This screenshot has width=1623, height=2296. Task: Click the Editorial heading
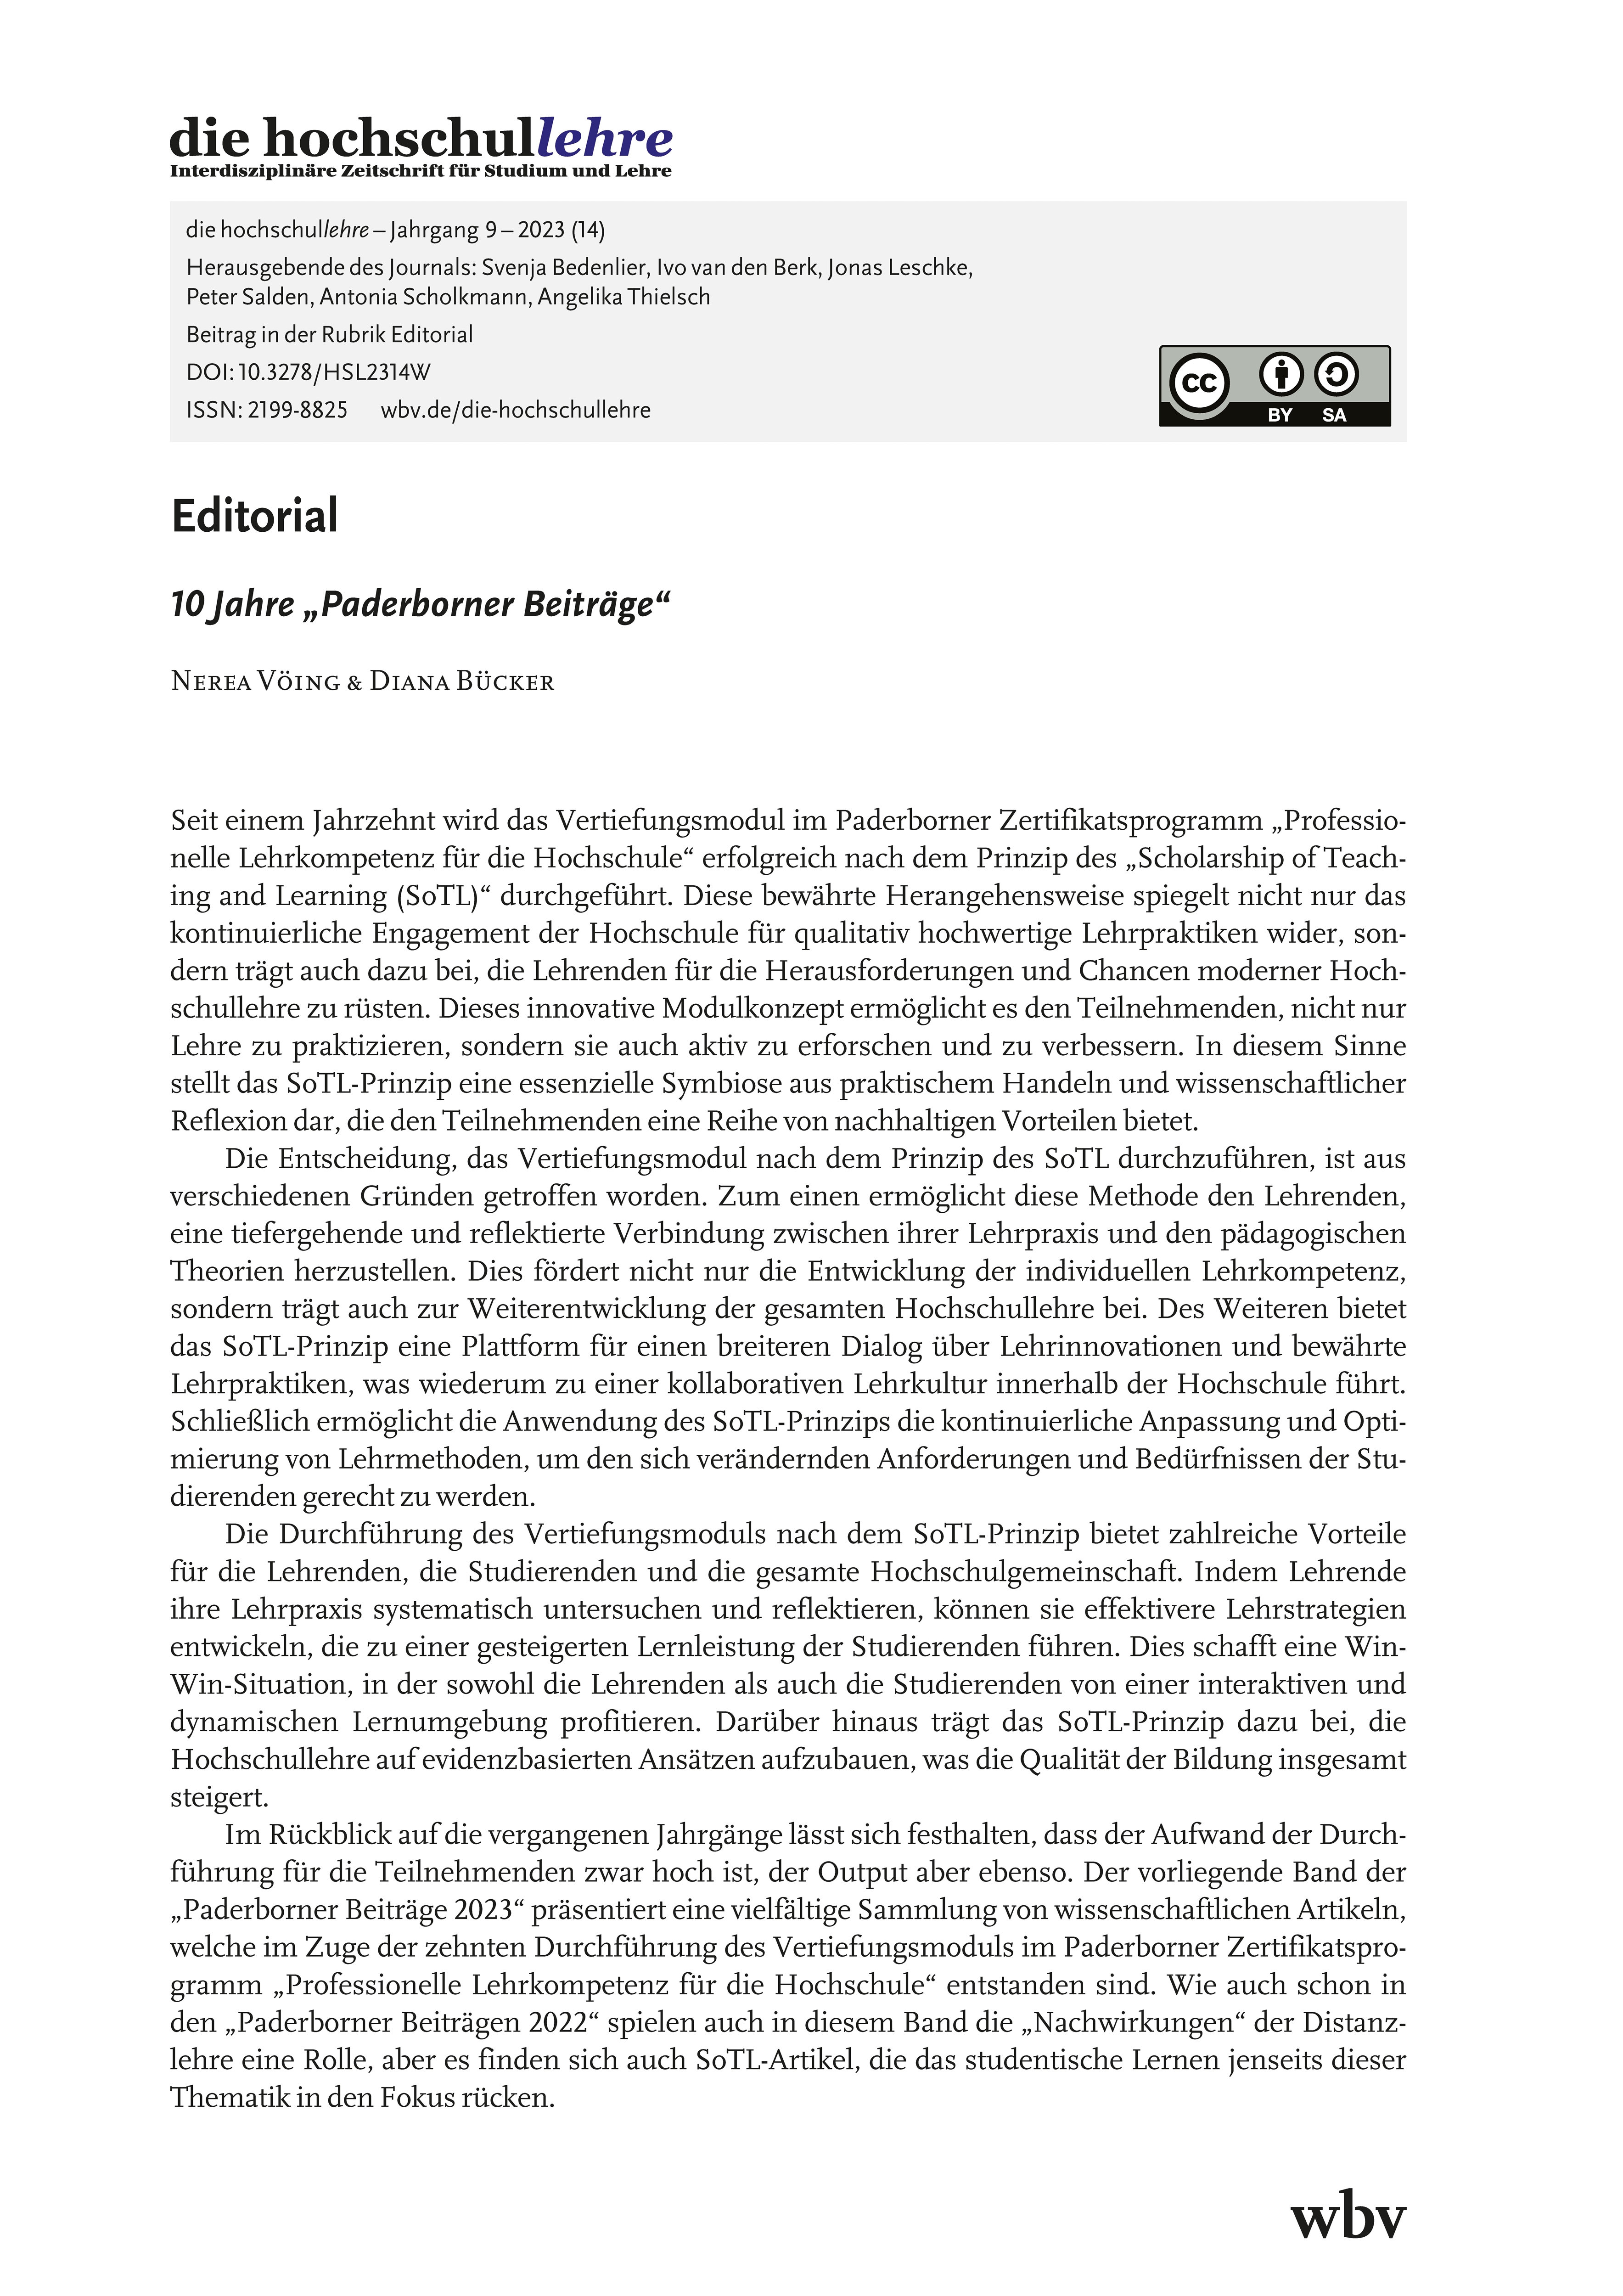[255, 516]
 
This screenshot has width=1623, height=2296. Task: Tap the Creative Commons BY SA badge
[1274, 386]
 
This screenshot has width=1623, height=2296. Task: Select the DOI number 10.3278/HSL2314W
[334, 372]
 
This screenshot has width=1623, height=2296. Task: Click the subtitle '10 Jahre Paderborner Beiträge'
[420, 605]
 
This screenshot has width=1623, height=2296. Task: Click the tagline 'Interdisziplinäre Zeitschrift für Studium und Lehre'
[420, 172]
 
